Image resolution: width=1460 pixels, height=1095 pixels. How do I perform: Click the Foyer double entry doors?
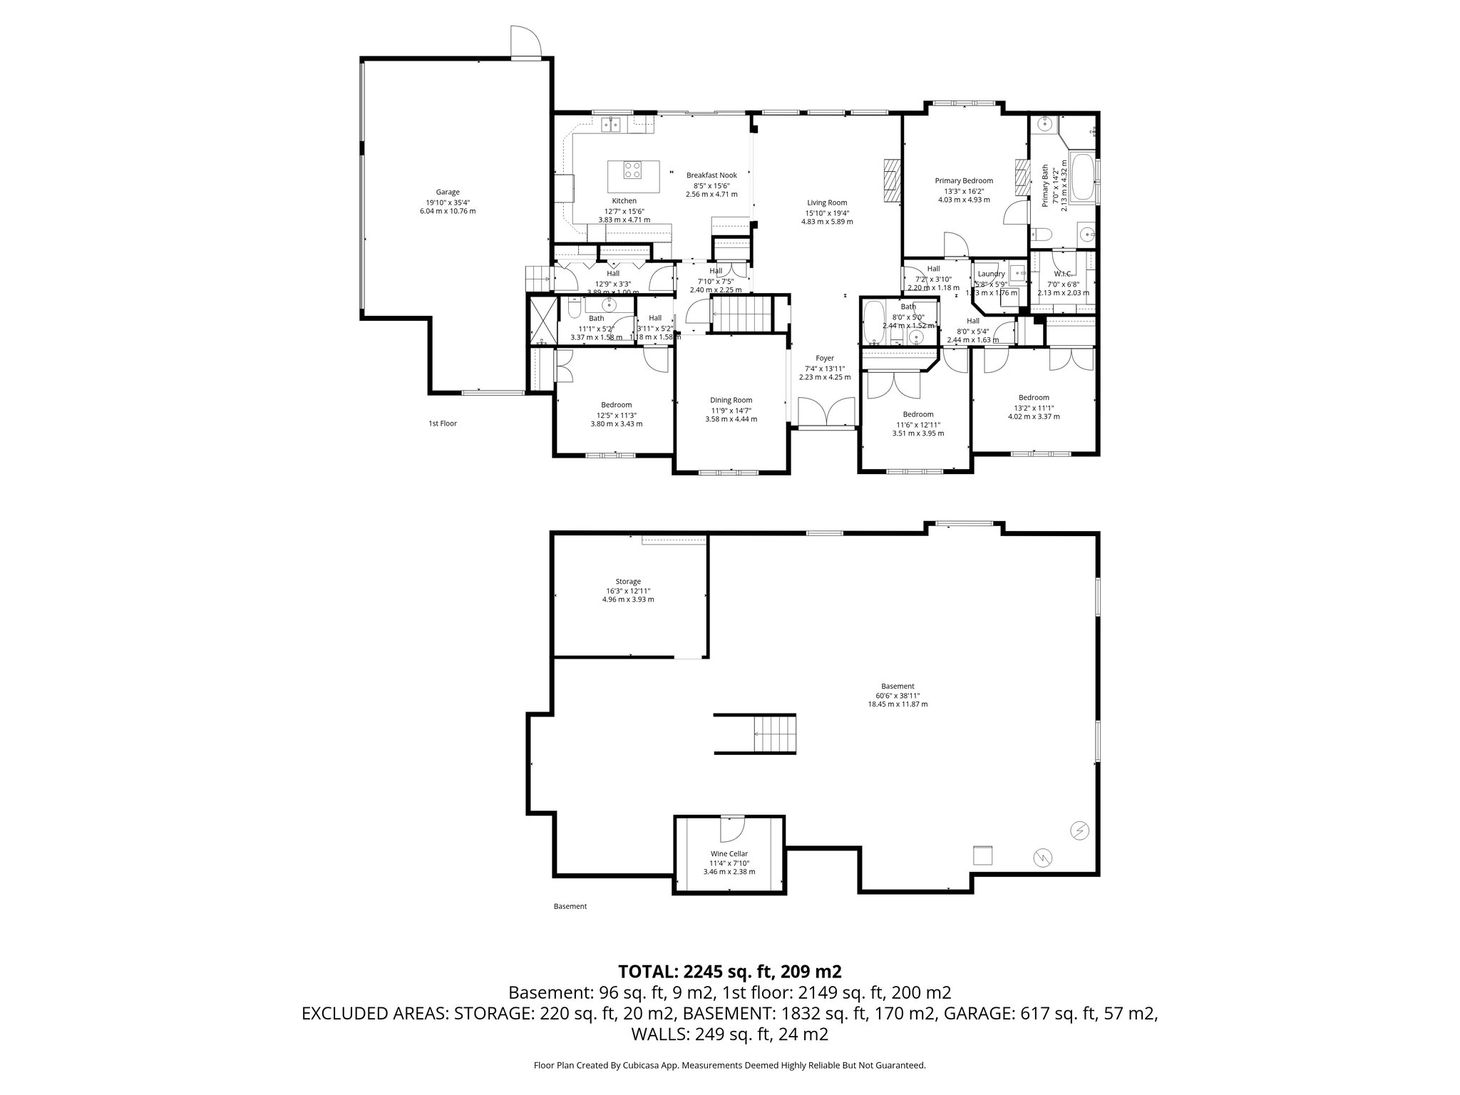coord(826,413)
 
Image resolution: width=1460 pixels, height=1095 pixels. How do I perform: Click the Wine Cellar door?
coord(731,828)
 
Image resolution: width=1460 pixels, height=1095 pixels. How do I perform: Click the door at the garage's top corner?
coord(526,43)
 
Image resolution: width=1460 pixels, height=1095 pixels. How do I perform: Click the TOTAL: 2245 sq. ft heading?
coord(729,972)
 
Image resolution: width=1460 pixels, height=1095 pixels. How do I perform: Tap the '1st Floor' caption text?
coord(442,423)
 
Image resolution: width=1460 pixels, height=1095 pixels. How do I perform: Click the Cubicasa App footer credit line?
coord(729,1066)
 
